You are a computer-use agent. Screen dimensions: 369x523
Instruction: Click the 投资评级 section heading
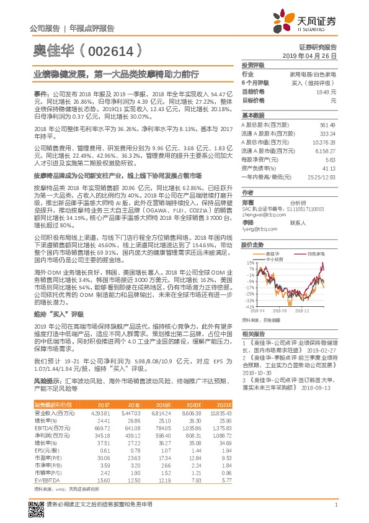(253, 65)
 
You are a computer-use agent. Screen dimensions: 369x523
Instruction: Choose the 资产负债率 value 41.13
(329, 168)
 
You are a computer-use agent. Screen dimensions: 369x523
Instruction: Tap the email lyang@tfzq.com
(257, 229)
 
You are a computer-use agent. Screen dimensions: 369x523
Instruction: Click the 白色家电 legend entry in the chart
(317, 254)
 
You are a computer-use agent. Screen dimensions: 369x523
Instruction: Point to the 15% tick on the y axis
(249, 263)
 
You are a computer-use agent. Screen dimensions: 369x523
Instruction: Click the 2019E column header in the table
(164, 405)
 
